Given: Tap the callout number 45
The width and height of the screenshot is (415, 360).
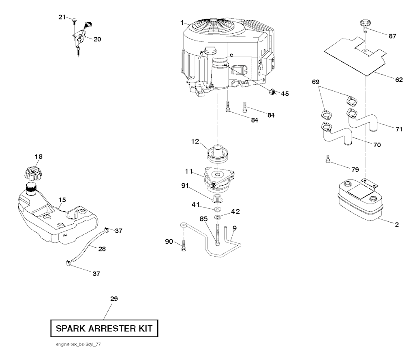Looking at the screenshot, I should [285, 94].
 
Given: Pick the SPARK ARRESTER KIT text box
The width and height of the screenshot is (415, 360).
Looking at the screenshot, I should [104, 328].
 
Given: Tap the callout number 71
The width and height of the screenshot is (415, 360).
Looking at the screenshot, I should [399, 129].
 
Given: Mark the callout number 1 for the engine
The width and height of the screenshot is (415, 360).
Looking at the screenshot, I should [183, 22].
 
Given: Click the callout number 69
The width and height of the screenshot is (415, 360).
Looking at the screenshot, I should [316, 82].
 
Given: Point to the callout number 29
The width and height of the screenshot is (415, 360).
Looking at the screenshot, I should [114, 299].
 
